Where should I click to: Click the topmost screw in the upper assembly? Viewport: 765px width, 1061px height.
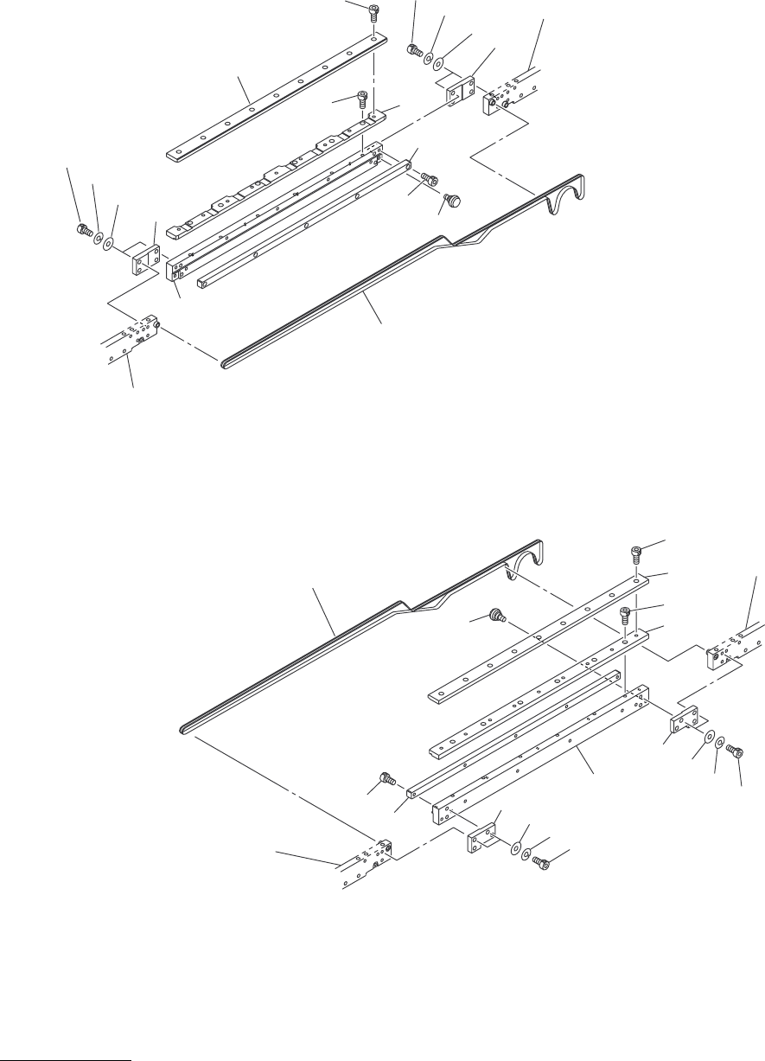pyautogui.click(x=373, y=11)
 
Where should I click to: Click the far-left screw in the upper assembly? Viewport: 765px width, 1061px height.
pyautogui.click(x=81, y=230)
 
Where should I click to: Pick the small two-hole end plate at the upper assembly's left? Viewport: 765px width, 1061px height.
pyautogui.click(x=144, y=259)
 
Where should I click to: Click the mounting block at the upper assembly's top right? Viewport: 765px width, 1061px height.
pyautogui.click(x=494, y=105)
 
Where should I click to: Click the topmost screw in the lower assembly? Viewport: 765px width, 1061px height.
pyautogui.click(x=634, y=551)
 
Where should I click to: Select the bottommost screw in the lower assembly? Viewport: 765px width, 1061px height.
pyautogui.click(x=539, y=862)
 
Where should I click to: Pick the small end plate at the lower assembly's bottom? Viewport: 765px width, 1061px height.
pyautogui.click(x=481, y=838)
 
